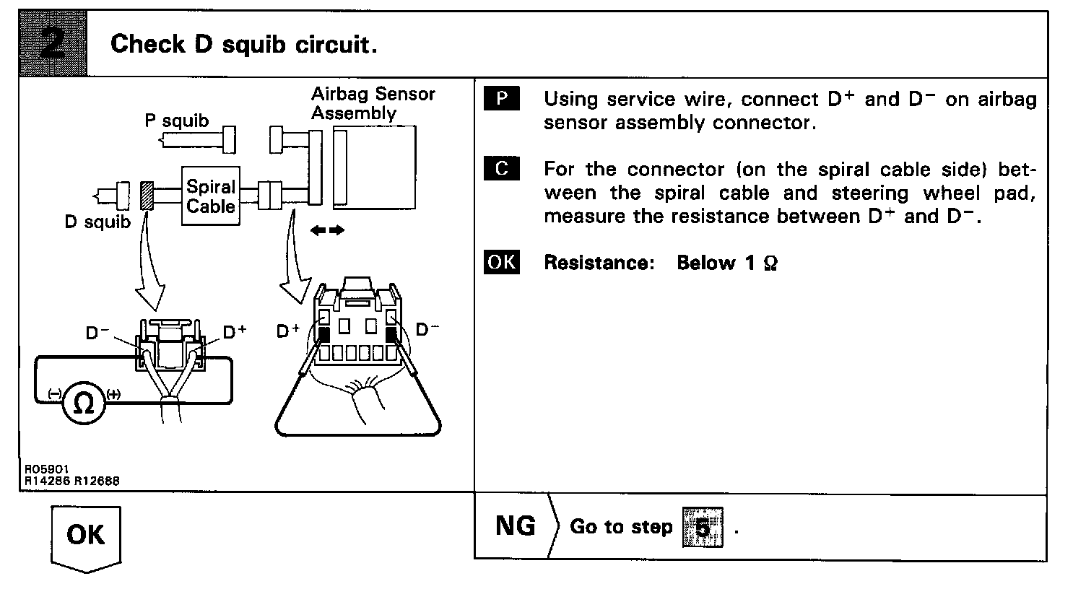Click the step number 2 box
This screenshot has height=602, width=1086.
[53, 45]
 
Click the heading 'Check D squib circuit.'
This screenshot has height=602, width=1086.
[243, 45]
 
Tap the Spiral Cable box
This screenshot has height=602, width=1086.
[210, 196]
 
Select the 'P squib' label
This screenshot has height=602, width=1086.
[176, 121]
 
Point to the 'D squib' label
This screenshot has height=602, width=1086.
[97, 222]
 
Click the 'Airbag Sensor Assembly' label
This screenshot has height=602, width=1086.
[373, 103]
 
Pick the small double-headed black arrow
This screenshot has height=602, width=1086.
[326, 230]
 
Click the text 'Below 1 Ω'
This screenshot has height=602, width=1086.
[726, 263]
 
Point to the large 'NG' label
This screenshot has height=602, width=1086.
[515, 525]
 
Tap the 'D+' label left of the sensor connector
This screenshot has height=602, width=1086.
[288, 331]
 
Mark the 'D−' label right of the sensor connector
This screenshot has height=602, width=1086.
[427, 330]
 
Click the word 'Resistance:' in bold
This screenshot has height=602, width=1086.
[599, 263]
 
